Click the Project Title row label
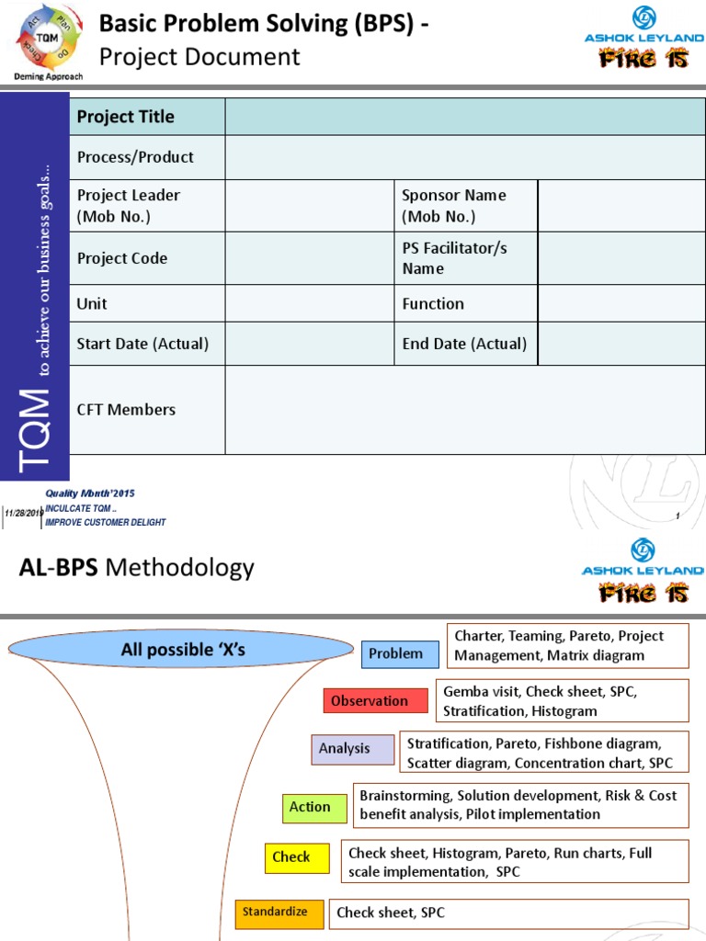click(125, 117)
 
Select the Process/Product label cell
click(135, 157)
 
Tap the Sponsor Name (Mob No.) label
click(454, 206)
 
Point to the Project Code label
click(122, 258)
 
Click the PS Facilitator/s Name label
click(454, 258)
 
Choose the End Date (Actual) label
click(464, 344)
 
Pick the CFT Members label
click(126, 410)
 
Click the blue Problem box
click(395, 654)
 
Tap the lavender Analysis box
click(345, 749)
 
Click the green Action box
click(310, 808)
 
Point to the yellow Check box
click(291, 857)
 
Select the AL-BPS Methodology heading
click(136, 568)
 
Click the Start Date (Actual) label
click(142, 344)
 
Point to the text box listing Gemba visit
click(562, 701)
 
